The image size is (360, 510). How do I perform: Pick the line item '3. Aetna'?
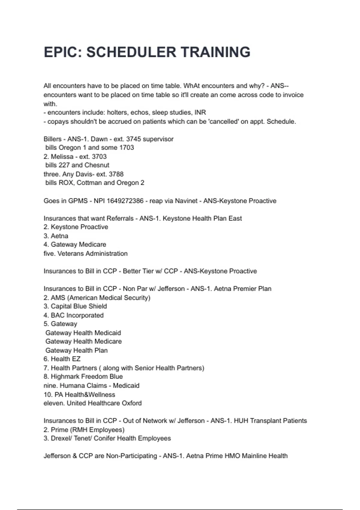tap(56, 236)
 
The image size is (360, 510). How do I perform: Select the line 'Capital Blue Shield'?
tap(79, 306)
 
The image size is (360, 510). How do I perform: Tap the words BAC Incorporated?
tap(77, 315)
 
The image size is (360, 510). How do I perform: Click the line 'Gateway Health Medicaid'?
tap(83, 333)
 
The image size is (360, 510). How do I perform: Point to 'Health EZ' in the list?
tap(65, 359)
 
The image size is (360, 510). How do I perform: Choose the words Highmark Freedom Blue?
tap(87, 376)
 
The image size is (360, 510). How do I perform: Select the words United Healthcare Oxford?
tap(104, 403)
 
